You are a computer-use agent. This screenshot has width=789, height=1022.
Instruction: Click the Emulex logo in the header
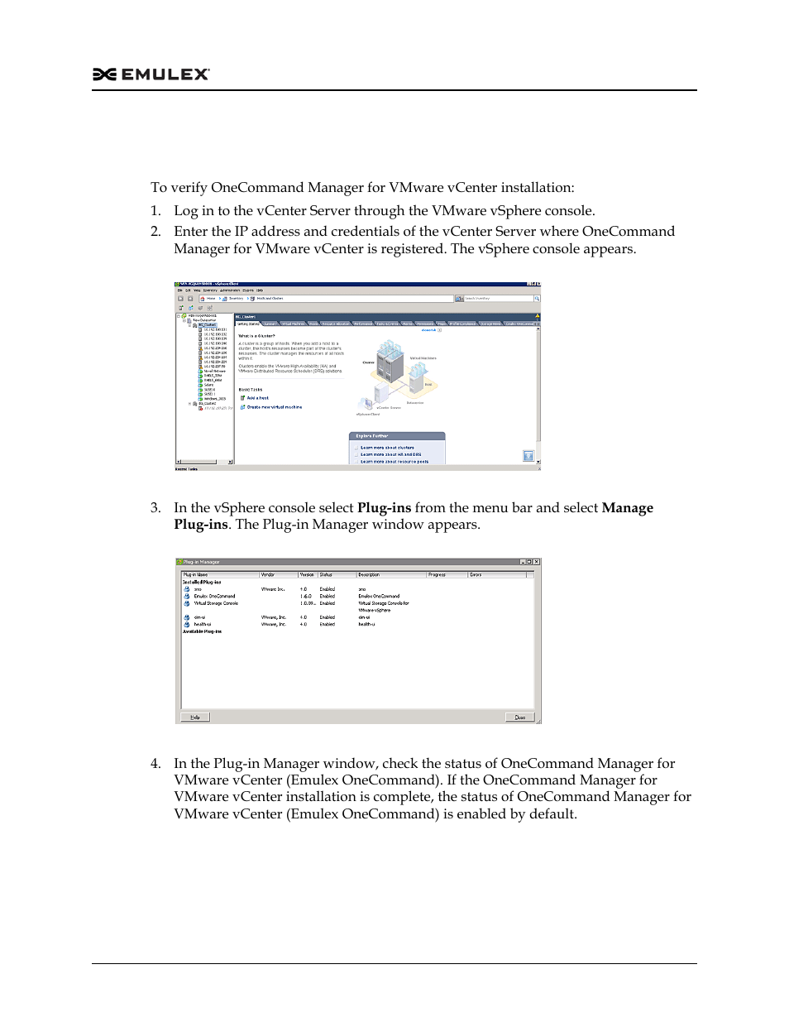pos(151,74)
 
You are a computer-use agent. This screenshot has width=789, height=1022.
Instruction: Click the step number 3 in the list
pos(155,508)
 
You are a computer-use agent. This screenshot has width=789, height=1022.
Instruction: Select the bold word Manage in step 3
pos(627,508)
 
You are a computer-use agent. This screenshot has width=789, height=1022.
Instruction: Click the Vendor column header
pos(268,574)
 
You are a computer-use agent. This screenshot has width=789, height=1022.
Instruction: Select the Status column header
pos(326,574)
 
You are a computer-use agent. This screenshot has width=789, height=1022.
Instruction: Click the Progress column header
pos(437,574)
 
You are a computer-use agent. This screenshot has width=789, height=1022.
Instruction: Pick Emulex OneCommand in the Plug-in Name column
pos(214,596)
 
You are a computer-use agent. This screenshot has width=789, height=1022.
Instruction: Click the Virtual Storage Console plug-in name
pos(216,603)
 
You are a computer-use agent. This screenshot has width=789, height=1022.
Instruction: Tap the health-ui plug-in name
pos(203,625)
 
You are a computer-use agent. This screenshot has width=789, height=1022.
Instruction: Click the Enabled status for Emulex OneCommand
pos(328,596)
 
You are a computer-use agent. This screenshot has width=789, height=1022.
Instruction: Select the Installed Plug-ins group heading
pos(202,582)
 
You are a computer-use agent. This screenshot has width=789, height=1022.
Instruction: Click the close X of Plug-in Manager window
pos(536,562)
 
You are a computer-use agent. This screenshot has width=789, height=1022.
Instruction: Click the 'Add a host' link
pos(257,398)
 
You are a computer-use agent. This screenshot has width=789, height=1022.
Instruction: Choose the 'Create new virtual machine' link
pos(274,407)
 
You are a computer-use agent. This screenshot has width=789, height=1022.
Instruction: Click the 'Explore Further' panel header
pos(372,436)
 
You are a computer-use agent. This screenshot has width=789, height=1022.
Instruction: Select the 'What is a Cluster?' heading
pos(256,336)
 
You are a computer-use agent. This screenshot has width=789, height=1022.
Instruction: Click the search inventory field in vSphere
pos(496,299)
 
